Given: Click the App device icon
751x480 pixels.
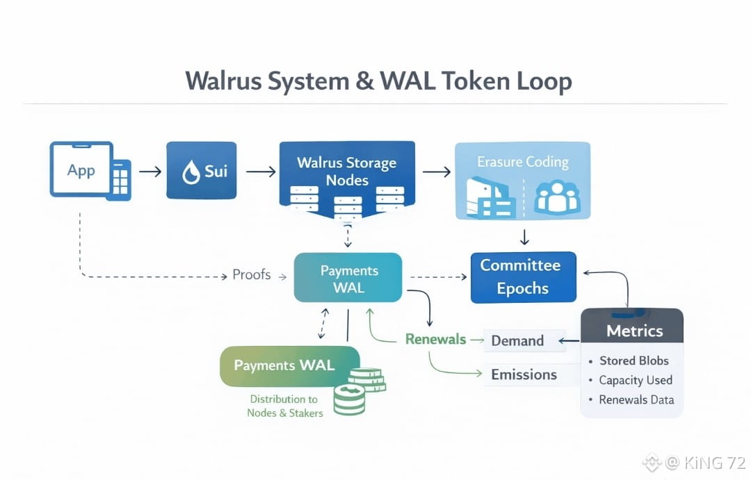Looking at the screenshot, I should [x=90, y=171].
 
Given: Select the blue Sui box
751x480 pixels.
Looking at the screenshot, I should [x=201, y=171].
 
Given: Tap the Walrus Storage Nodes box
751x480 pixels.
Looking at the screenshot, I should [x=346, y=174].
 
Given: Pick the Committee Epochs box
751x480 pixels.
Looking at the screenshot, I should [x=523, y=277].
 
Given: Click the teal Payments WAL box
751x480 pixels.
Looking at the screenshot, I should [x=348, y=278].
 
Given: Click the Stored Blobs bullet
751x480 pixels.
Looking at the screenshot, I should [x=633, y=361].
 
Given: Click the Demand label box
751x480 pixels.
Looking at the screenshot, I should [x=518, y=341].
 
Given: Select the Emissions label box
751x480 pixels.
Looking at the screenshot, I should [x=524, y=375].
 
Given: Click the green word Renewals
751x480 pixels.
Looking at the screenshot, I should [x=435, y=340].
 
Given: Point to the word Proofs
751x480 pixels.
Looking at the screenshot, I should [x=251, y=275].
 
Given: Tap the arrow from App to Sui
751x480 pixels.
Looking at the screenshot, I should [x=150, y=171].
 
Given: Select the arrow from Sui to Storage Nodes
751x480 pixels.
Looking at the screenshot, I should [x=260, y=171].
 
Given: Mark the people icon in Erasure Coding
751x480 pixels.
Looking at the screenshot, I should [x=556, y=196].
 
